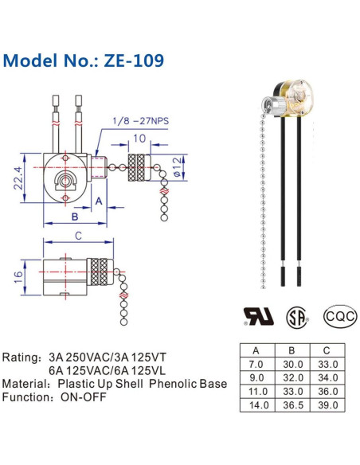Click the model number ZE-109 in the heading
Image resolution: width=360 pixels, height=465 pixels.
(x=134, y=61)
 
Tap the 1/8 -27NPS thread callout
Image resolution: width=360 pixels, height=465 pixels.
(x=140, y=121)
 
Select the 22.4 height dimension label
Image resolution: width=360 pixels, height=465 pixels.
(x=18, y=178)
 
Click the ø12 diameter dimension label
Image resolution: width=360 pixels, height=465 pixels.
(x=177, y=167)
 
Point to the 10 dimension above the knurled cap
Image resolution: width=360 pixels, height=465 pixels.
(x=139, y=139)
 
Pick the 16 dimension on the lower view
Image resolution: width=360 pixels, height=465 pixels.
(x=18, y=277)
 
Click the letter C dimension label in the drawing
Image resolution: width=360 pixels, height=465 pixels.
(x=78, y=236)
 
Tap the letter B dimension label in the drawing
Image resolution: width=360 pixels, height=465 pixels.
(x=75, y=217)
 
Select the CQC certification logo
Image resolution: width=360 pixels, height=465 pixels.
(x=340, y=316)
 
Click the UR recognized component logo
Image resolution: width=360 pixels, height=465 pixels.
(x=258, y=317)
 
